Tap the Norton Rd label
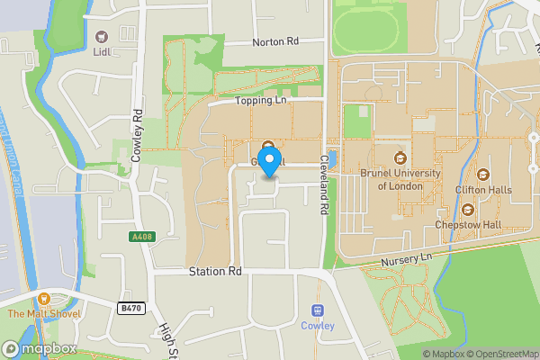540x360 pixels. tap(275, 41)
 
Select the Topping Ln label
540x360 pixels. tap(261, 102)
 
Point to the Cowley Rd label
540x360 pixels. tap(138, 135)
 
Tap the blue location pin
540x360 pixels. tap(267, 166)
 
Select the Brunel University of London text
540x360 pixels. tap(401, 180)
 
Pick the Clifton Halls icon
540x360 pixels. tap(483, 175)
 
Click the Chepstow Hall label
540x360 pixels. tap(467, 224)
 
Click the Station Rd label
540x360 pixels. tap(215, 271)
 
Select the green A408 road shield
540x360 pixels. tap(135, 237)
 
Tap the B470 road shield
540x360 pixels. tap(130, 308)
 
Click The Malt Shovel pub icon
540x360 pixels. tap(43, 299)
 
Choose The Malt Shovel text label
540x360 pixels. tap(43, 314)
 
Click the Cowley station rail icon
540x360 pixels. tap(317, 310)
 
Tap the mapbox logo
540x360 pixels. tap(37, 347)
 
